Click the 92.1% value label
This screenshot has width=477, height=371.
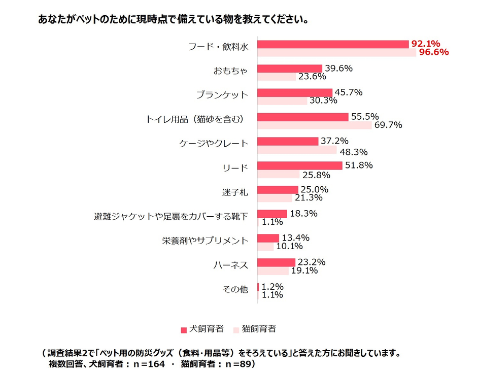point(425,44)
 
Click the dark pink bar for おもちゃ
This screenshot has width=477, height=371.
point(290,69)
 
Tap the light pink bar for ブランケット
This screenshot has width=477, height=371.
point(282,101)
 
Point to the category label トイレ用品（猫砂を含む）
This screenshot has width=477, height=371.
point(196,119)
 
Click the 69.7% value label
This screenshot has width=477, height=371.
point(387,125)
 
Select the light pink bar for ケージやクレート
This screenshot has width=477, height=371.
point(297,150)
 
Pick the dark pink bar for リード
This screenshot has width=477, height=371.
point(299,165)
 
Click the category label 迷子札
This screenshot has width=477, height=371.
point(236,192)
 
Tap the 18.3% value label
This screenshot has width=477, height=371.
point(303,214)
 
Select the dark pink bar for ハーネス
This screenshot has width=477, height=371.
point(276,262)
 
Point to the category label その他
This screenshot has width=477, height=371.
point(235,289)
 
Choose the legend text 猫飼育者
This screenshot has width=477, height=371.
point(258,329)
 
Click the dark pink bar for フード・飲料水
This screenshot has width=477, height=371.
point(333,44)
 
